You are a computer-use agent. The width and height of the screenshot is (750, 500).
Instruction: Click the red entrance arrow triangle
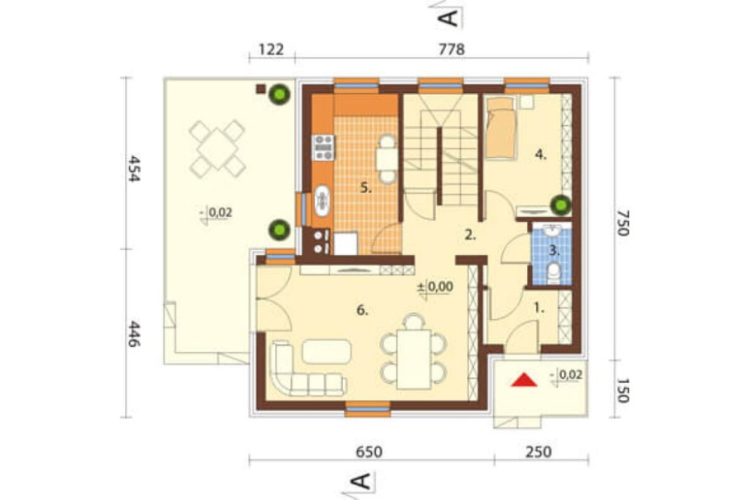(523, 380)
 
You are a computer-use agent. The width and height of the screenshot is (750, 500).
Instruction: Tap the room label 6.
(362, 310)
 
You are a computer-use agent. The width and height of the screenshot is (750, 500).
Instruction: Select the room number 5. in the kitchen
(366, 188)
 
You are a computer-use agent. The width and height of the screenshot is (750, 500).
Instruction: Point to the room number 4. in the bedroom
(541, 154)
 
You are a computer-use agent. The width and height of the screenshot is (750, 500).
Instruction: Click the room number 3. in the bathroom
(554, 249)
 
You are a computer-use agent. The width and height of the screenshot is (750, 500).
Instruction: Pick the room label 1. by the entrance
(539, 309)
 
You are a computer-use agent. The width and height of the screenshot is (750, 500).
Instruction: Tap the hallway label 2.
(471, 235)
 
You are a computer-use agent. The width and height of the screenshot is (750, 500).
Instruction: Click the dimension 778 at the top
(451, 50)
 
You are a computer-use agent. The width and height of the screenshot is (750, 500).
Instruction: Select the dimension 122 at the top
(271, 50)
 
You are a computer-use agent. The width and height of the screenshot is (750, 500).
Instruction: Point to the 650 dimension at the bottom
(370, 452)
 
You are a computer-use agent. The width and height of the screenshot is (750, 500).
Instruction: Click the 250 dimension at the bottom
(538, 452)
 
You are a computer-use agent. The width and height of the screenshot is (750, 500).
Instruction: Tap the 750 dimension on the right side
(622, 223)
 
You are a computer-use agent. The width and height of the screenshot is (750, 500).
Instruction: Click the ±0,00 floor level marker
(436, 288)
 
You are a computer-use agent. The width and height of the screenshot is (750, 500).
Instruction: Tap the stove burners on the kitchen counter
(322, 147)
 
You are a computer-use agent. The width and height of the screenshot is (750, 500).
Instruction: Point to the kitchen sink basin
(322, 200)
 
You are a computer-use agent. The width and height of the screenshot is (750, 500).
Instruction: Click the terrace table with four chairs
(217, 148)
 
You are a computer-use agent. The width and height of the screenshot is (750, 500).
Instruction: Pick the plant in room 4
(560, 206)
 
